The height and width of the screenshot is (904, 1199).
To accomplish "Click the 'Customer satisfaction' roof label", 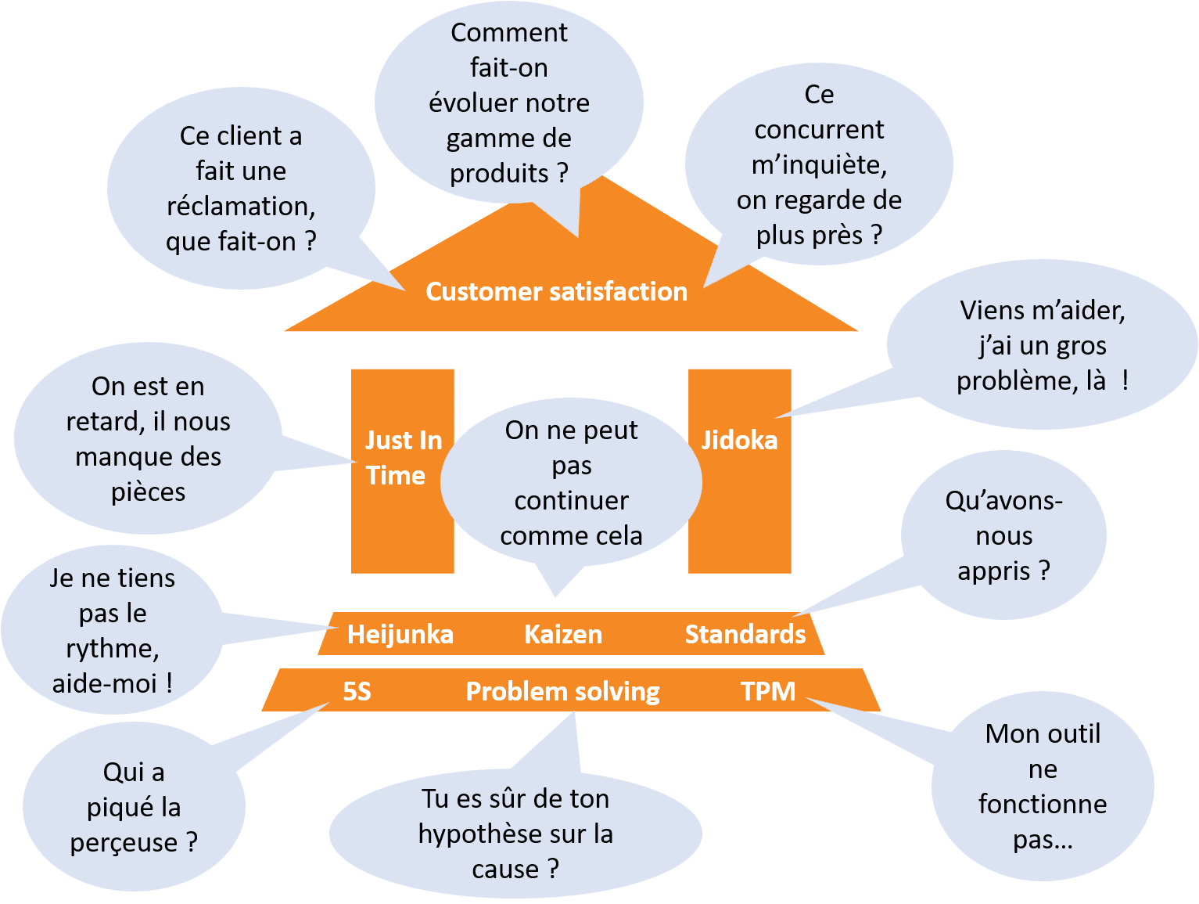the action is tap(556, 291).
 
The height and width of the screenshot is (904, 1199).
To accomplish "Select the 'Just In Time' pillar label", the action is tap(403, 457).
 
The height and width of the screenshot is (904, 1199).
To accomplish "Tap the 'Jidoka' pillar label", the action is tap(739, 441).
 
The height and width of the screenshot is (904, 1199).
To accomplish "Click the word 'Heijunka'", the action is tap(400, 635).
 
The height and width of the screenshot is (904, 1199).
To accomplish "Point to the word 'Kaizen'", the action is tap(563, 635).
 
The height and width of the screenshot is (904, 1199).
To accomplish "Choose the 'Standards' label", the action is tap(745, 635).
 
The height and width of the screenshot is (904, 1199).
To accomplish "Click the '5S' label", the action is tap(357, 692).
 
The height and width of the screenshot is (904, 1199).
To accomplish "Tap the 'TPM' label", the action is tap(768, 692).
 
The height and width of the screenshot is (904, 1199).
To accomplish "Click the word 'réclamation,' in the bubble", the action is tap(241, 207).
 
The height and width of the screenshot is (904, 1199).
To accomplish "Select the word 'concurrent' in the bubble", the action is tap(819, 130).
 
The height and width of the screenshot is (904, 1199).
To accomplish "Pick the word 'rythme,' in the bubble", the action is tap(113, 650).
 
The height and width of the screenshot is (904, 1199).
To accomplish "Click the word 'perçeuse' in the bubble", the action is tap(124, 843).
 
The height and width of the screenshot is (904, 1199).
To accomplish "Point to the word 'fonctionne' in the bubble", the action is tap(1043, 805).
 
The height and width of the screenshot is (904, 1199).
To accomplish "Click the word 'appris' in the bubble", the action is tap(993, 572).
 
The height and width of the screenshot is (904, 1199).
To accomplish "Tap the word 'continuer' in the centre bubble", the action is tap(572, 501).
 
